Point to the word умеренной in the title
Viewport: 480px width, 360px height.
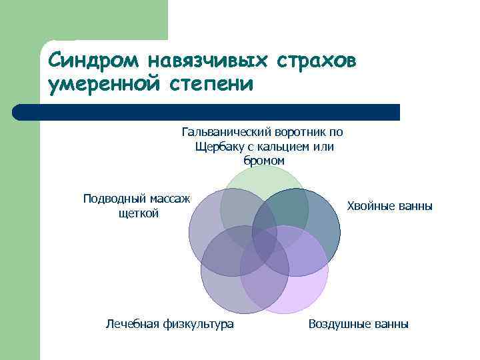[107, 85]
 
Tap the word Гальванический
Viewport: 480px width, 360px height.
[224, 132]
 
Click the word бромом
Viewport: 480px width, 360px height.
[264, 161]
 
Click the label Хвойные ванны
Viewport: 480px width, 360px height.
[390, 206]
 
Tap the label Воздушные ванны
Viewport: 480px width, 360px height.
[359, 324]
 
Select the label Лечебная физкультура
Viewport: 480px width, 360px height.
[170, 324]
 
